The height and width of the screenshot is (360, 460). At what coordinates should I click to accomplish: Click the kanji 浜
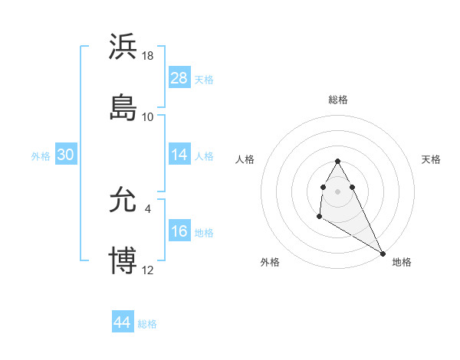point(123,47)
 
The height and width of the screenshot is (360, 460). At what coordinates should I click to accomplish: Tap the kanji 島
point(123,106)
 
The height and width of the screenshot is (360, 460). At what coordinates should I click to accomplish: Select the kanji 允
point(123,201)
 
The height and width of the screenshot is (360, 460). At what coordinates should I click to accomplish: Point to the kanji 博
point(123,260)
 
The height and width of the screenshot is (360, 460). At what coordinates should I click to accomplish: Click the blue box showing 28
point(179,78)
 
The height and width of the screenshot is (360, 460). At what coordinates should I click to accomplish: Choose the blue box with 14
point(179,155)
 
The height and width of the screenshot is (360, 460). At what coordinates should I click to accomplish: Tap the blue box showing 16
point(179,232)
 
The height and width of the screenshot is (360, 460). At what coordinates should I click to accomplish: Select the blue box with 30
point(66,155)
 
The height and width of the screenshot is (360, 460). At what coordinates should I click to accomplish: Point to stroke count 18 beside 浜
point(148,57)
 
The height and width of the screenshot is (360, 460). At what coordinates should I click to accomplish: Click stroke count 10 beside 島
point(148,116)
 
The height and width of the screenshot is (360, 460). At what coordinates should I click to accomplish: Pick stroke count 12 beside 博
point(148,270)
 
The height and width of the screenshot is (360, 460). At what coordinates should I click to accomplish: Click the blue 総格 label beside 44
point(147,324)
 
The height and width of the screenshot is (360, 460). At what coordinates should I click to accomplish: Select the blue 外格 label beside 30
point(41,156)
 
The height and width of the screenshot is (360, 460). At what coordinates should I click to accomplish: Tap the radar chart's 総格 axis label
point(337,100)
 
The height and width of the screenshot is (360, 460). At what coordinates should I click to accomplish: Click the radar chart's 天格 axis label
point(431,159)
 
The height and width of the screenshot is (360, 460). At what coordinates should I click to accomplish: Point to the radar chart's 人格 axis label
point(245,159)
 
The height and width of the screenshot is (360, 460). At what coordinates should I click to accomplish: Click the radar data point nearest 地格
point(383,253)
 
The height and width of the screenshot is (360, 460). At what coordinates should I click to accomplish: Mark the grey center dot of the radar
point(337,190)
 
